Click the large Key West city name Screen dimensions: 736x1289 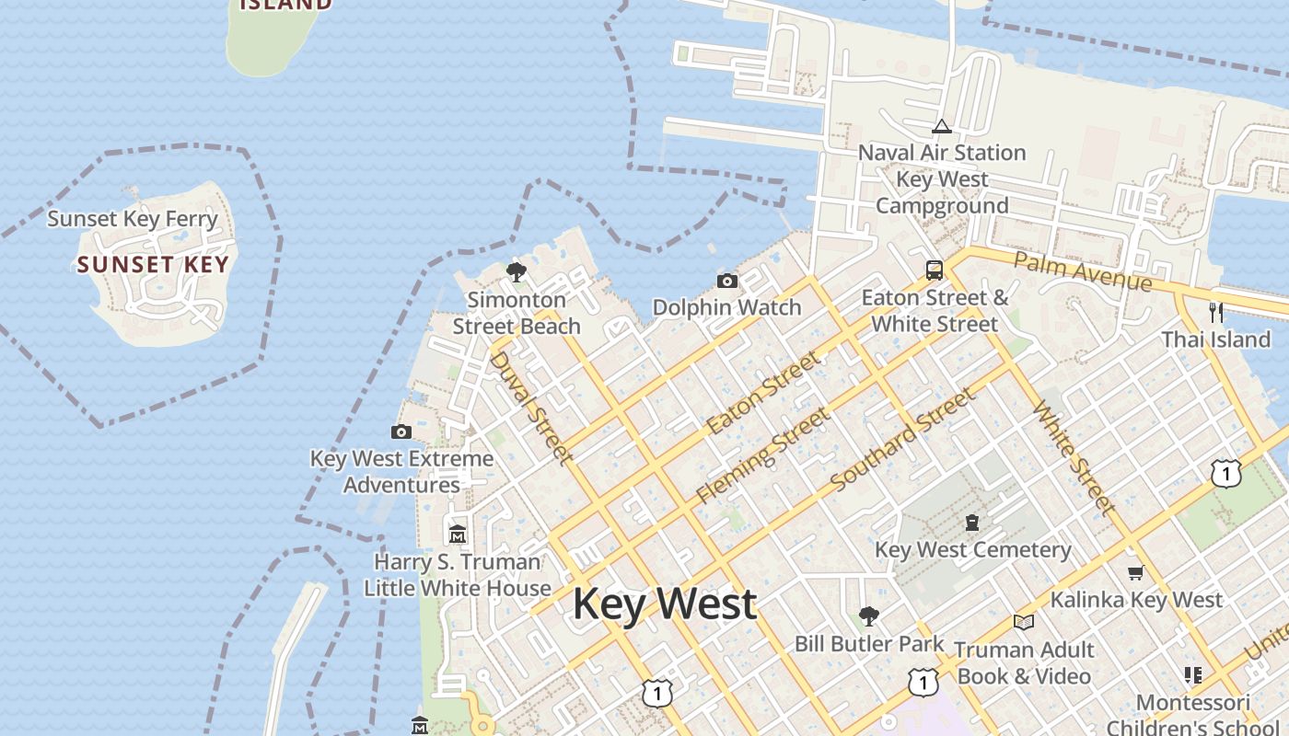[x=665, y=604]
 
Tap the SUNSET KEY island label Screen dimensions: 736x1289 [x=152, y=265]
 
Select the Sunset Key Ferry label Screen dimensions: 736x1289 [x=133, y=219]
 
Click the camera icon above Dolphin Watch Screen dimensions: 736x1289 [x=726, y=281]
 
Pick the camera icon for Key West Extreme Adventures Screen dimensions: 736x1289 [x=401, y=431]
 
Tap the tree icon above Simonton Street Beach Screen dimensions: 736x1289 [x=517, y=271]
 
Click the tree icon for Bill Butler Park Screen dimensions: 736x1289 [x=868, y=615]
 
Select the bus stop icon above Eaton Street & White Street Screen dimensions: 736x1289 [x=934, y=270]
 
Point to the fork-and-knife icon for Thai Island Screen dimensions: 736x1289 [x=1216, y=312]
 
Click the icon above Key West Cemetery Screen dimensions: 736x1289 [x=971, y=523]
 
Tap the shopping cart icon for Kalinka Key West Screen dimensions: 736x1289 [x=1135, y=572]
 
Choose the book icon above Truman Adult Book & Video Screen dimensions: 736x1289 [x=1023, y=622]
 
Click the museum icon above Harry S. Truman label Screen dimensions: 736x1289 [x=457, y=534]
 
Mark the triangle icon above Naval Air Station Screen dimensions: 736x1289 [x=941, y=126]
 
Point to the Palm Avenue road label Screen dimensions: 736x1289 [x=1082, y=270]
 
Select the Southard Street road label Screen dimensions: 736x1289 [x=902, y=440]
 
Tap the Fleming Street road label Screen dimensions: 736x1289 [x=762, y=455]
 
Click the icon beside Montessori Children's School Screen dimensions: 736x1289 [x=1193, y=675]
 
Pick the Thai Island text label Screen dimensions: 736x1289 [x=1215, y=339]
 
